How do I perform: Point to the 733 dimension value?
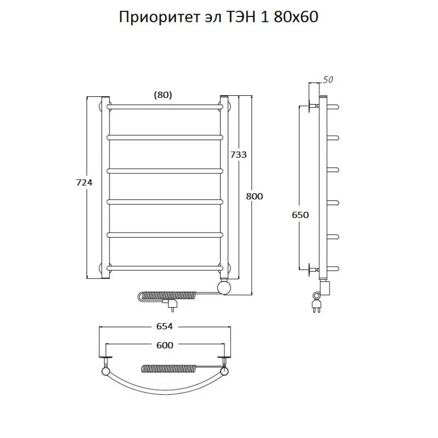(238, 155)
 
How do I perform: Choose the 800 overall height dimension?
(255, 197)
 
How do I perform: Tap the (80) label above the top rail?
(163, 94)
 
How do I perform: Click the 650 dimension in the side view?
(300, 215)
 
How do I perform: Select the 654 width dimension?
(165, 326)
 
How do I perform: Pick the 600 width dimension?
(165, 345)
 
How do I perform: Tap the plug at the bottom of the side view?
(317, 303)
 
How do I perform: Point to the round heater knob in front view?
(224, 287)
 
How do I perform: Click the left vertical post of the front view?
(106, 186)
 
